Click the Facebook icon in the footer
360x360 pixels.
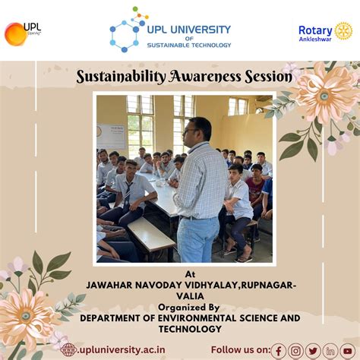279,350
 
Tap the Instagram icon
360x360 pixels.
295,350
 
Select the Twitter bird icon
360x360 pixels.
312,350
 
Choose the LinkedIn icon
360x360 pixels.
330,350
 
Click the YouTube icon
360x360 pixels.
347,350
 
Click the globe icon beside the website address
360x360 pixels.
68,349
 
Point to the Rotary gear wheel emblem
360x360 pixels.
343,31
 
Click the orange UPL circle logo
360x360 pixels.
14,33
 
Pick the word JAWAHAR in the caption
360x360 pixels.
91,285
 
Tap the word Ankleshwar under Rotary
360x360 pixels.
315,39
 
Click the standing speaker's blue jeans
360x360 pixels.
198,238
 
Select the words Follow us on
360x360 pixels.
240,350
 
